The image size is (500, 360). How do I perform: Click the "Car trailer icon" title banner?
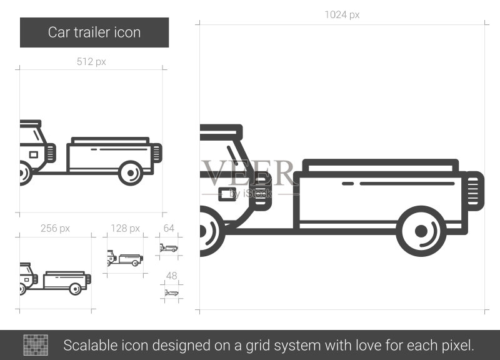coord(94,32)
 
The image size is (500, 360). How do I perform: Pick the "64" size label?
coord(169,228)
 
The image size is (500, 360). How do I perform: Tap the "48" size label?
coord(171,276)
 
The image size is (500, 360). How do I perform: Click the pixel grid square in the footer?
coord(36,345)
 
